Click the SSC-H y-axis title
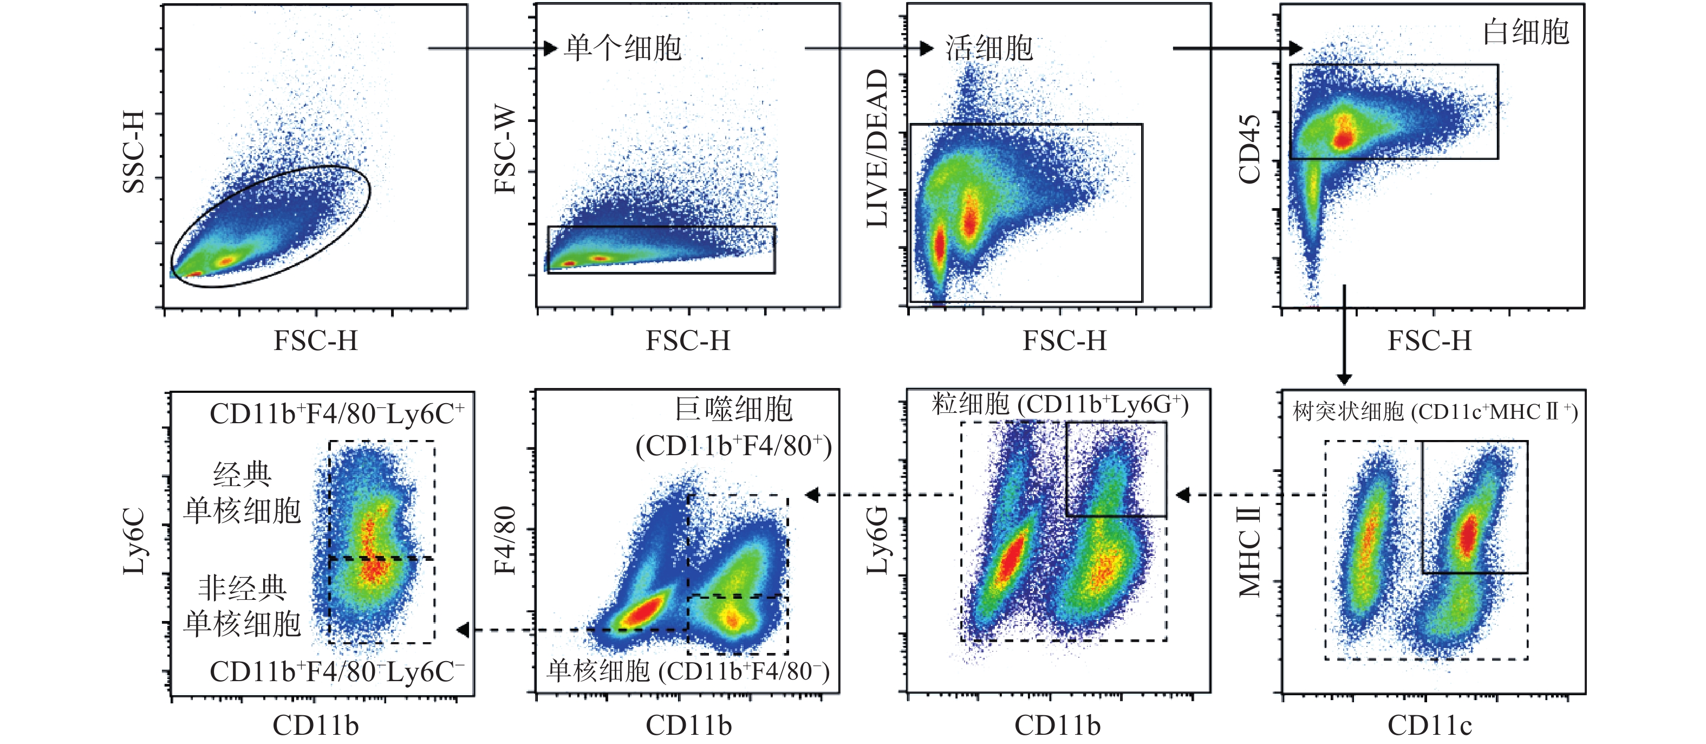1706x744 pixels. pyautogui.click(x=134, y=152)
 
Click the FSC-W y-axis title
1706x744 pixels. pyautogui.click(x=505, y=150)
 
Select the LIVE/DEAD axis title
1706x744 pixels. pyautogui.click(x=877, y=148)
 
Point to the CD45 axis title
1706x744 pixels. pyautogui.click(x=1249, y=150)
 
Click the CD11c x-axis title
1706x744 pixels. pyautogui.click(x=1429, y=726)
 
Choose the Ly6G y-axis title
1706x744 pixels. pyautogui.click(x=877, y=540)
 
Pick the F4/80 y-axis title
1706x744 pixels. pyautogui.click(x=505, y=540)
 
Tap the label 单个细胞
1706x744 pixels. pyautogui.click(x=622, y=48)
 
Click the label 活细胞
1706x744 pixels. pyautogui.click(x=989, y=48)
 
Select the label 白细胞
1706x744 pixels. pyautogui.click(x=1525, y=32)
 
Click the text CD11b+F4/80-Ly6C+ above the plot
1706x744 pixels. pyautogui.click(x=336, y=415)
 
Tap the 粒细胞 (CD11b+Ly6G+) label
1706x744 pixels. pyautogui.click(x=1060, y=404)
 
